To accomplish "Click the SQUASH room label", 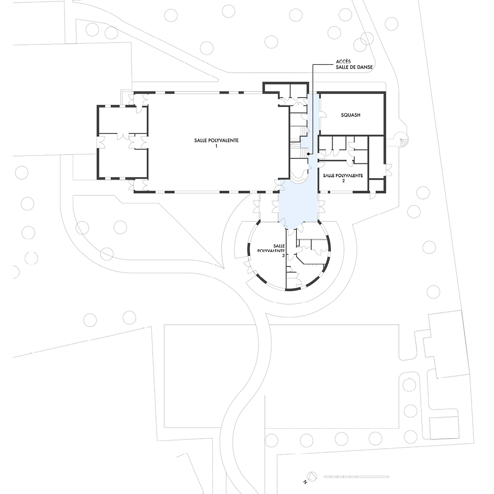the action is pos(350,115).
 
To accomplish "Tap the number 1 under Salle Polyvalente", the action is pos(216,146).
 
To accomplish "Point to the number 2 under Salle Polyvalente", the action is pos(343,181).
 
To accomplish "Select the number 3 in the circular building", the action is pos(283,256).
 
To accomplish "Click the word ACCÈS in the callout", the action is pos(343,61).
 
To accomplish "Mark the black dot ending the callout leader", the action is pos(308,154).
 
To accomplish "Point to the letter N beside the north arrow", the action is pos(305,482).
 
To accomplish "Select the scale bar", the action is pos(356,477).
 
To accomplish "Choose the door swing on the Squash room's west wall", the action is pos(322,115).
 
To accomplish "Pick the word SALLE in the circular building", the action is pos(279,246).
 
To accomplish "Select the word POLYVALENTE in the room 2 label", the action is pos(349,176).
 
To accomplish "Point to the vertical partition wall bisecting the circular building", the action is pos(286,258).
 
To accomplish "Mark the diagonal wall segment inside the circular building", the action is pos(300,259).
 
